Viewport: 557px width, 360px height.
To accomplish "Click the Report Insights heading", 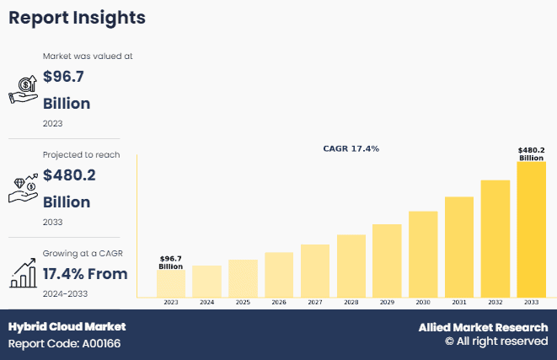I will pos(77,17).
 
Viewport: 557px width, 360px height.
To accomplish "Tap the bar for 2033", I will pos(531,229).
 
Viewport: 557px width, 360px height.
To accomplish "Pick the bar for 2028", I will pos(351,266).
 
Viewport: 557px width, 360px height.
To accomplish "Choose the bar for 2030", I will pos(423,254).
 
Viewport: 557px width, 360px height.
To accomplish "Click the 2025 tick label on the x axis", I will pos(243,302).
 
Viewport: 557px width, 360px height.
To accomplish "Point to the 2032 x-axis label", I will pos(495,302).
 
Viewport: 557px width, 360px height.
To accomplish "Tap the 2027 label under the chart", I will pos(315,302).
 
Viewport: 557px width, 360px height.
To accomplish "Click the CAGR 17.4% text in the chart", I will pos(351,148).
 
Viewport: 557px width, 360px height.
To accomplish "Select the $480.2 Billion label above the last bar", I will pos(531,153).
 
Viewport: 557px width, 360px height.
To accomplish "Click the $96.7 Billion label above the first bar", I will pos(171,262).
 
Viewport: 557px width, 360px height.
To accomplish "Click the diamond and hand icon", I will pos(23,188).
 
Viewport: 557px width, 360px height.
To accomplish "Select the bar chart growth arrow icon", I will pos(22,272).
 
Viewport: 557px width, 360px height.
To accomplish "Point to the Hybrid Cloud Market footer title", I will pos(67,327).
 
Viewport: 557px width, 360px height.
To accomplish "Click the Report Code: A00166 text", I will pos(64,344).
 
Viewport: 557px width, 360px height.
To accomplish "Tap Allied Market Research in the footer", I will pos(483,327).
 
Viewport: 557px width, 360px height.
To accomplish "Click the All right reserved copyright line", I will pos(496,341).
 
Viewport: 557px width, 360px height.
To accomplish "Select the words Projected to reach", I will pos(81,155).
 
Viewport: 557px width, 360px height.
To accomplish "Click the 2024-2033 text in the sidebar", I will pos(65,293).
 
